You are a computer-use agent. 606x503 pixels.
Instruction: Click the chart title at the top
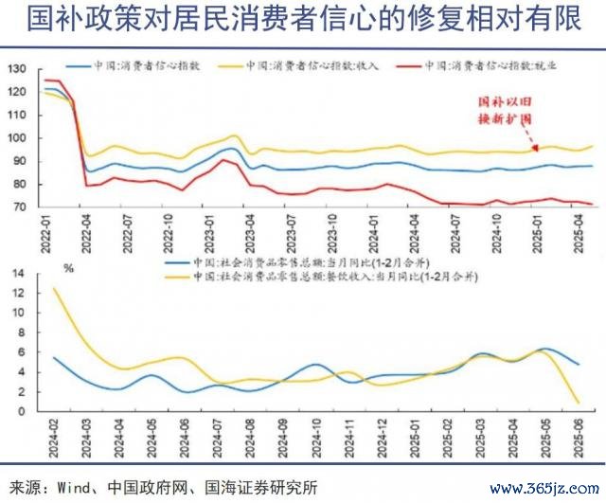click(302, 20)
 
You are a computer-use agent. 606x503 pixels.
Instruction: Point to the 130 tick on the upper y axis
click(17, 69)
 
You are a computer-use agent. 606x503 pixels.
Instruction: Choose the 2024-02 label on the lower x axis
click(53, 438)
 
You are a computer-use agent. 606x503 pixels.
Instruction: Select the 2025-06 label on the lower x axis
click(578, 438)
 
